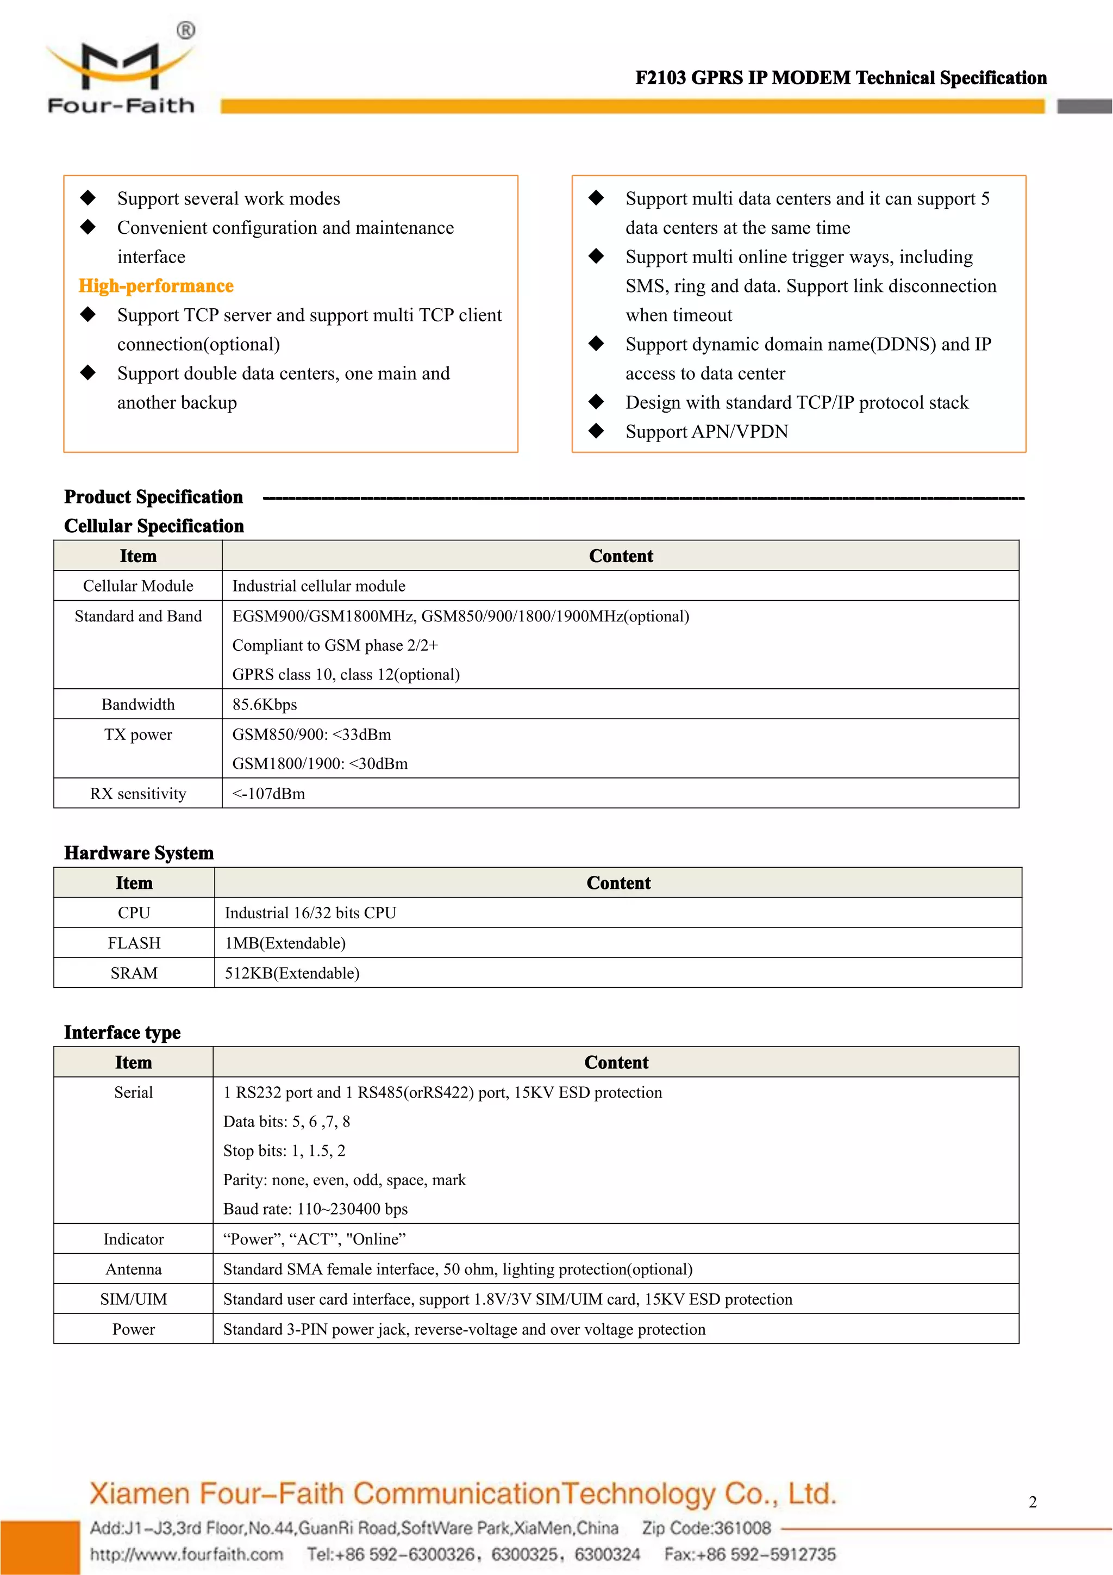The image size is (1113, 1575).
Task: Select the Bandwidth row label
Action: pos(138,705)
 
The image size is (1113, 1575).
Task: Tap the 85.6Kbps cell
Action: pos(265,705)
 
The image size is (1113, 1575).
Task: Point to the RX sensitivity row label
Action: pos(138,794)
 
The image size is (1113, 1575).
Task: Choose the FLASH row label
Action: pos(134,943)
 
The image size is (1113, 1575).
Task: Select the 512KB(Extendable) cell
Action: pos(292,973)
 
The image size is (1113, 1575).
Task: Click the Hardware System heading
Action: pos(139,852)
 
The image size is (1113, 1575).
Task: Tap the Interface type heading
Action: pos(122,1032)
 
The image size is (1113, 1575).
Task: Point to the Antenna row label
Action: pos(133,1270)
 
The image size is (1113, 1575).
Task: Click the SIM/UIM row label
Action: pos(133,1299)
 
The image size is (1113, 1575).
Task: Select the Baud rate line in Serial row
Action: pos(315,1209)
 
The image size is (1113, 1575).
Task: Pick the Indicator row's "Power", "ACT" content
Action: pos(315,1240)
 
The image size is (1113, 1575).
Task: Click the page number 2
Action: pos(1032,1502)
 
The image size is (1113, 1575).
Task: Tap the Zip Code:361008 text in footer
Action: pos(706,1528)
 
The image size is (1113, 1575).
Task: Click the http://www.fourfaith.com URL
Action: pos(186,1554)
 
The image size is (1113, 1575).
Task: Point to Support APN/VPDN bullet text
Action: pos(706,432)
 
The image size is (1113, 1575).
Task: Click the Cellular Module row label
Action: pos(138,586)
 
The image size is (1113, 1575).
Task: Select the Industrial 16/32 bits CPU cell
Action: pos(311,913)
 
